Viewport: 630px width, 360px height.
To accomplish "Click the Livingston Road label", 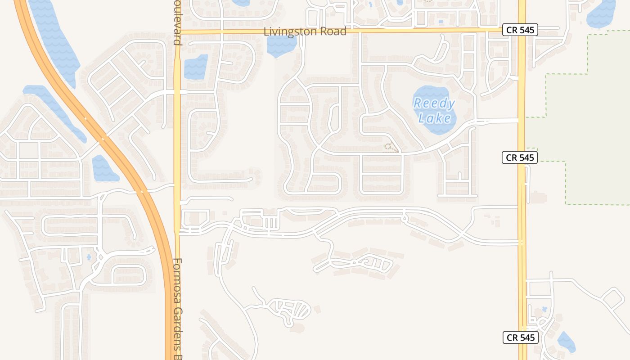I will pos(305,31).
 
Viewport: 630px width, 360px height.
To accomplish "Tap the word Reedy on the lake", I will pos(434,103).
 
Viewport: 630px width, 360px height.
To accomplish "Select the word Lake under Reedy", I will pos(434,118).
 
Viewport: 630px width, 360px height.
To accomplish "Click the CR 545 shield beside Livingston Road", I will pos(520,30).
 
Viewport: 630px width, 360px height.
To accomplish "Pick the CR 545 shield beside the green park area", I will pos(520,157).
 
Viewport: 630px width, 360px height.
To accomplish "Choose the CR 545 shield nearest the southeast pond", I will pos(520,337).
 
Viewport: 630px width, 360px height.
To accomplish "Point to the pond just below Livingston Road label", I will pos(281,45).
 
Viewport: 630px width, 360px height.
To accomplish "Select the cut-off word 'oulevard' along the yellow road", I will pos(177,22).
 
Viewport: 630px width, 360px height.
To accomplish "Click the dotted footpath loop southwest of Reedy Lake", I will pos(391,148).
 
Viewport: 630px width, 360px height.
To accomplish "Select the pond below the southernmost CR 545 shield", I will pos(566,342).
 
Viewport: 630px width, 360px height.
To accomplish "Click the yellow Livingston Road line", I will pos(405,31).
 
